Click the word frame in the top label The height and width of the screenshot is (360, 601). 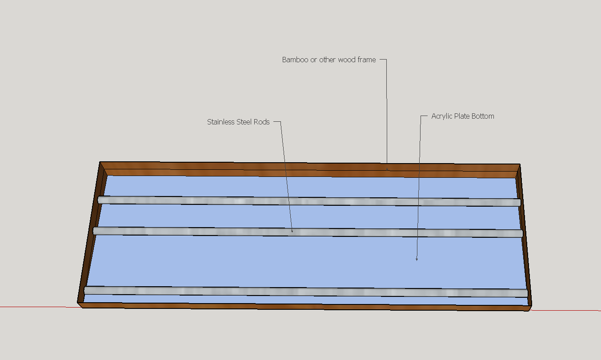tap(367, 60)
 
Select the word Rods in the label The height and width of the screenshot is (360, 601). tap(261, 122)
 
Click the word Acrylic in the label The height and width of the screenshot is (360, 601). tap(442, 116)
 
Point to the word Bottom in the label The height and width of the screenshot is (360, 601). tap(483, 116)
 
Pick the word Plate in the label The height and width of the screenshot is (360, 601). tap(462, 116)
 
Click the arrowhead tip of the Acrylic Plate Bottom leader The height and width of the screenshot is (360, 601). tap(417, 260)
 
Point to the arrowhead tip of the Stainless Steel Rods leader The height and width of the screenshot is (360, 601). tap(292, 232)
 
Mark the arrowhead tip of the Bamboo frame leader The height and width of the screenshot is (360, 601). tap(387, 169)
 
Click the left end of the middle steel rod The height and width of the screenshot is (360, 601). tap(96, 230)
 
